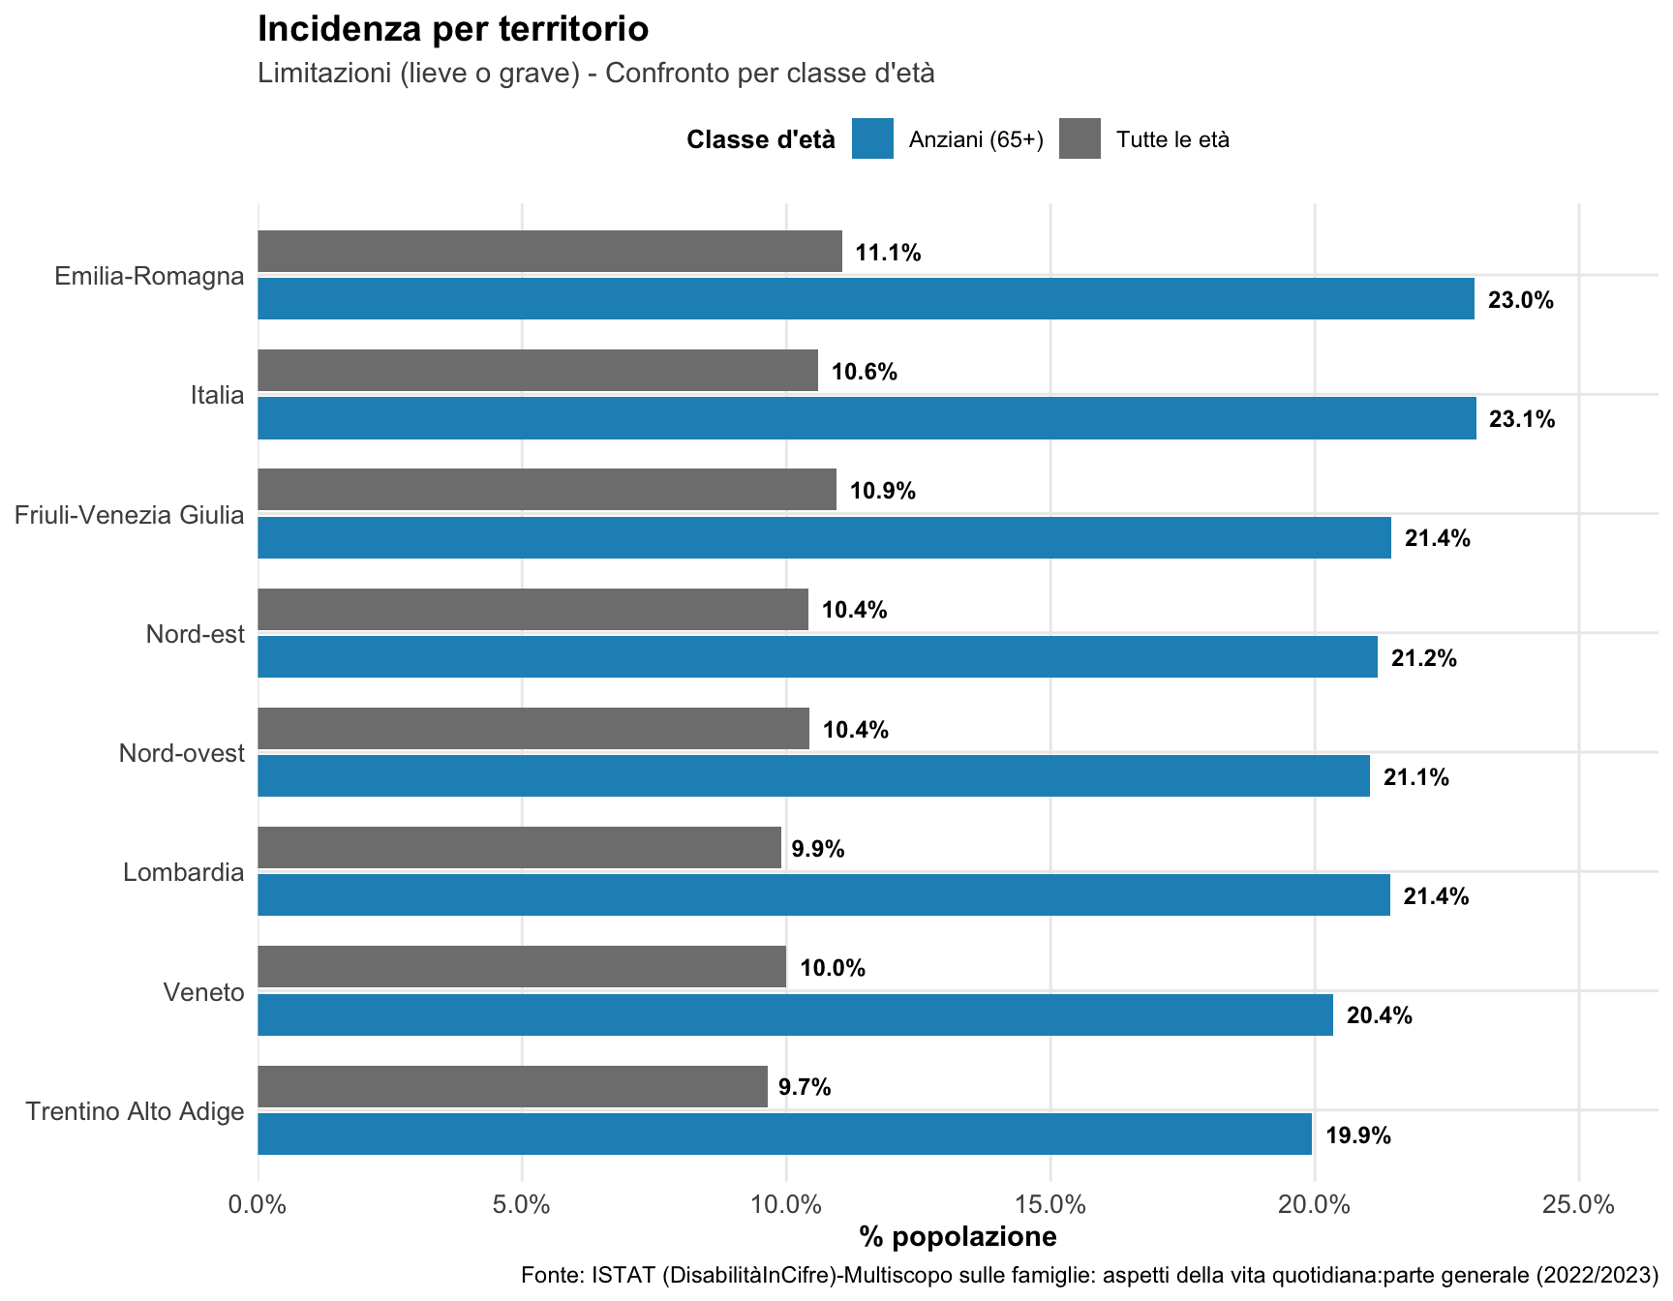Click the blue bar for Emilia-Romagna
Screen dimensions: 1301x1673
tap(866, 299)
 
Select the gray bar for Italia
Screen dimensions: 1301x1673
tap(537, 371)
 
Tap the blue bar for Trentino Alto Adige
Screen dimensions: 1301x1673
tap(784, 1134)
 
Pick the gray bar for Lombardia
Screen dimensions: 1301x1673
tap(519, 848)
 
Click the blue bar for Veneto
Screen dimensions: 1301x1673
tap(795, 1014)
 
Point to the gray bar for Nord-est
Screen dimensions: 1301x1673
tap(532, 609)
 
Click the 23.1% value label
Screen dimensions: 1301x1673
tap(1522, 419)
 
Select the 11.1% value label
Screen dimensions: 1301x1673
tap(888, 253)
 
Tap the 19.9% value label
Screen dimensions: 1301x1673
tap(1358, 1135)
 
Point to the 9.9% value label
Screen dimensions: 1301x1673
tap(818, 849)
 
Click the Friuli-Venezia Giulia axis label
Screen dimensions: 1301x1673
tap(129, 515)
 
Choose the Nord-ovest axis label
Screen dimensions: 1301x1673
tap(182, 753)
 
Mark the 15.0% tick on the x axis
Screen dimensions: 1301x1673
tap(1050, 1205)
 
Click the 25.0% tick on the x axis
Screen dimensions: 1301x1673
tap(1579, 1205)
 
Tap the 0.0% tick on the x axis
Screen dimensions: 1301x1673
tap(259, 1205)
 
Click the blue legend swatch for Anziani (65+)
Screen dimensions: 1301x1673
tap(872, 138)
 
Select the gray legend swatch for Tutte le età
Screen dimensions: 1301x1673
tap(1080, 138)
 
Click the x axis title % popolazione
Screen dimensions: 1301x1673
tap(958, 1237)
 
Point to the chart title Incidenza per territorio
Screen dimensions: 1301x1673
tap(453, 29)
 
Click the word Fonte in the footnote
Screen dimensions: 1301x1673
tap(546, 1275)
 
